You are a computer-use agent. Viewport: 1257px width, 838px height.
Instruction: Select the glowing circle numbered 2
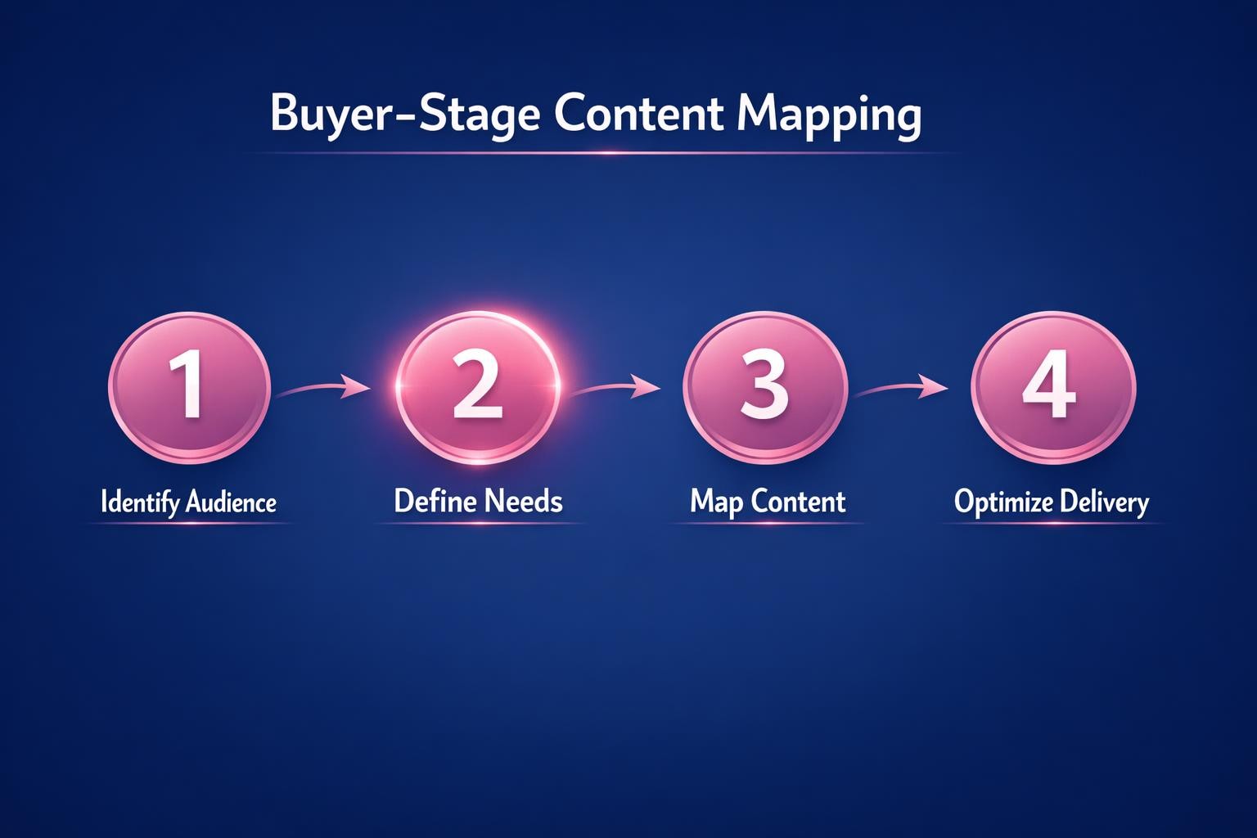[x=477, y=385]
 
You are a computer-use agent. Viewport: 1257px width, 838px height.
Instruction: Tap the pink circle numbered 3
[x=764, y=385]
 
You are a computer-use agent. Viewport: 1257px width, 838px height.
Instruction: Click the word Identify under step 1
[x=140, y=502]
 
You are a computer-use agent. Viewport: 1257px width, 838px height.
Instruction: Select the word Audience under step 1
[x=232, y=501]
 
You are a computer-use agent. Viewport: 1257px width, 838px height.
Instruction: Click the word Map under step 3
[x=716, y=502]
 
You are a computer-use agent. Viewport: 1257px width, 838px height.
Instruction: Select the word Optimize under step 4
[x=1002, y=502]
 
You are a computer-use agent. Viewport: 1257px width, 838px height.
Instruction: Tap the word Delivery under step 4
[x=1104, y=502]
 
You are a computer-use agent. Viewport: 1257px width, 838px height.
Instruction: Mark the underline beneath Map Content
[x=767, y=523]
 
